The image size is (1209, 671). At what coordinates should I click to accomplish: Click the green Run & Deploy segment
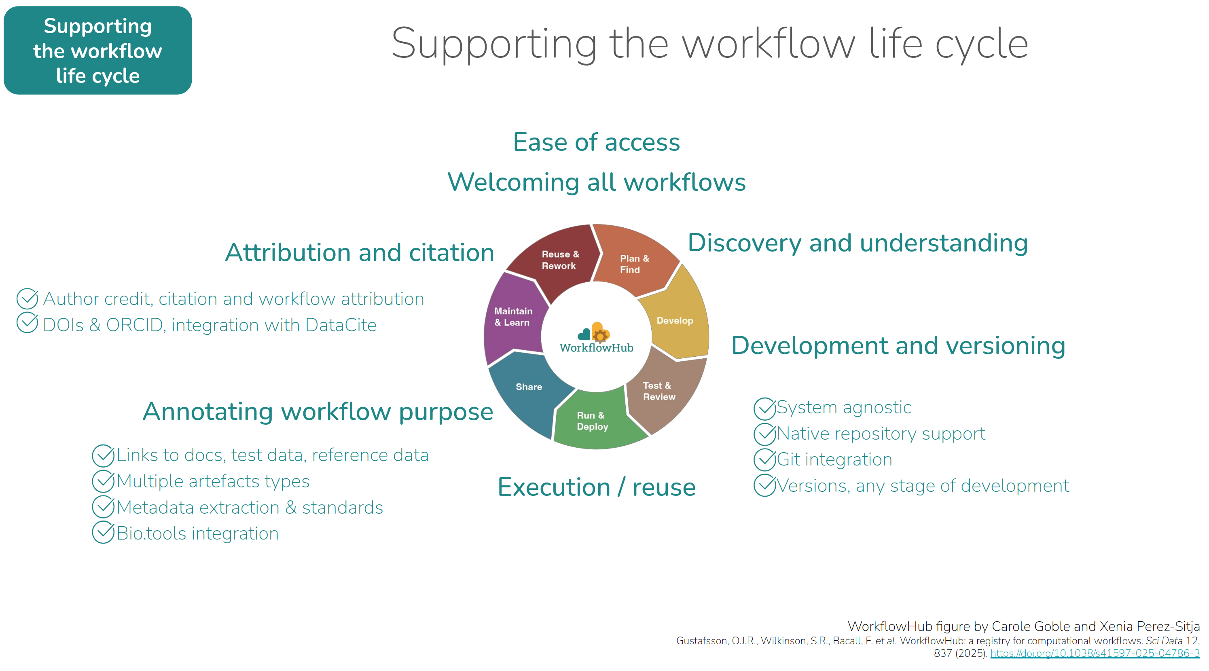pos(592,421)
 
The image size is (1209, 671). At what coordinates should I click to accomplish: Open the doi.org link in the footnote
pos(1095,653)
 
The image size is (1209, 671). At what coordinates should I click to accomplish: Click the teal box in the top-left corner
pos(97,51)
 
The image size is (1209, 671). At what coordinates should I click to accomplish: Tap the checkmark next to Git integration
pos(764,460)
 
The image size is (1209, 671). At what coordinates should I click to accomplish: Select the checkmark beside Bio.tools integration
pos(103,533)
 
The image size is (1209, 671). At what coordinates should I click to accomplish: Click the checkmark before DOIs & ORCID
pos(27,323)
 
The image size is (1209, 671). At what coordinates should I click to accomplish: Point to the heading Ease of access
pos(596,142)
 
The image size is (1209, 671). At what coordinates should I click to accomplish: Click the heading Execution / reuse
pos(596,487)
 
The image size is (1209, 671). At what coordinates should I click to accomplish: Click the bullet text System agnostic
pos(844,407)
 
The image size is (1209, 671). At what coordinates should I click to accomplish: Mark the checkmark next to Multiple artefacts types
pos(103,480)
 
